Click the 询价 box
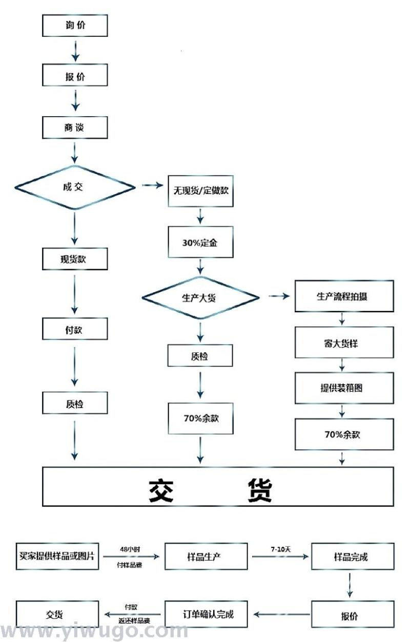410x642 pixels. click(x=75, y=26)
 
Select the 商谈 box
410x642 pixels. click(x=75, y=127)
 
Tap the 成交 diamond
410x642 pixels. click(x=75, y=187)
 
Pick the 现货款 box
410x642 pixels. click(x=75, y=259)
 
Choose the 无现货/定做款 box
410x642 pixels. click(x=200, y=191)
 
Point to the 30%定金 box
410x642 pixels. click(x=200, y=243)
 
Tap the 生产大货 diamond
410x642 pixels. click(x=200, y=297)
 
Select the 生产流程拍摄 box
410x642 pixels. click(x=344, y=297)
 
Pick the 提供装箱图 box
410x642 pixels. click(x=344, y=388)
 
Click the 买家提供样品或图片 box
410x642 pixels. click(x=56, y=555)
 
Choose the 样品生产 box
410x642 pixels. click(x=206, y=556)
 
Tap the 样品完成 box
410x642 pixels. click(x=353, y=556)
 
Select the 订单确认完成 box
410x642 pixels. click(x=206, y=614)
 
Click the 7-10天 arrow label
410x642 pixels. click(x=280, y=549)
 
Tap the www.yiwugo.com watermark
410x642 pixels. click(x=95, y=631)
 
